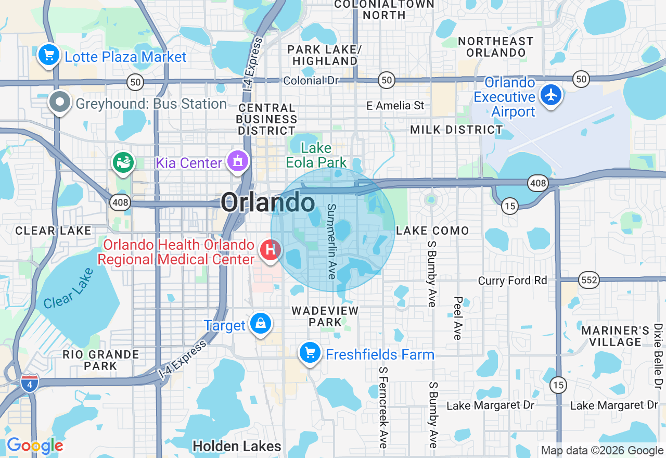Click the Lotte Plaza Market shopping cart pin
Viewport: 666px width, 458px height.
[48, 54]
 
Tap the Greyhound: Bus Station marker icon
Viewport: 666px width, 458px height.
[60, 102]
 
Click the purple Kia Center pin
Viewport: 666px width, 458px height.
[238, 161]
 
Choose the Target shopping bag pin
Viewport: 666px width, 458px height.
[260, 324]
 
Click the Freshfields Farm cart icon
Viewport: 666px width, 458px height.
[310, 353]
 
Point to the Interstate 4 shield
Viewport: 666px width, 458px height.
[30, 383]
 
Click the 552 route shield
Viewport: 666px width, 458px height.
[590, 281]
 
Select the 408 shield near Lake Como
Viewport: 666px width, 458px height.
[537, 183]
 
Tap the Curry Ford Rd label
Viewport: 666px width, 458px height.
[513, 281]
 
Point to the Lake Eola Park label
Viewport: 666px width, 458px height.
[316, 155]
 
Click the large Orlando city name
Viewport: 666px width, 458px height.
[268, 202]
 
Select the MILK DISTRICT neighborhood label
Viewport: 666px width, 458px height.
[456, 130]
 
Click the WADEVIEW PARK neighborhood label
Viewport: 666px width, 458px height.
[325, 316]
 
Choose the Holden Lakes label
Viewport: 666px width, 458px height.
[237, 446]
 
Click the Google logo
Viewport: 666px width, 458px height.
[34, 446]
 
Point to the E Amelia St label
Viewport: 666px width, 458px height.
[395, 106]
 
